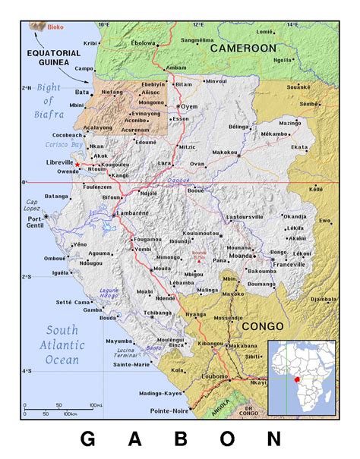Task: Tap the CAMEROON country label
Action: (x=243, y=48)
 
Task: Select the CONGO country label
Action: (x=262, y=325)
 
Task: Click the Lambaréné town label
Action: (x=134, y=215)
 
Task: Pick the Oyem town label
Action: (x=188, y=107)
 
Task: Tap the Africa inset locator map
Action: (x=302, y=378)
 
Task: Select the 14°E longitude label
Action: (x=292, y=24)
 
